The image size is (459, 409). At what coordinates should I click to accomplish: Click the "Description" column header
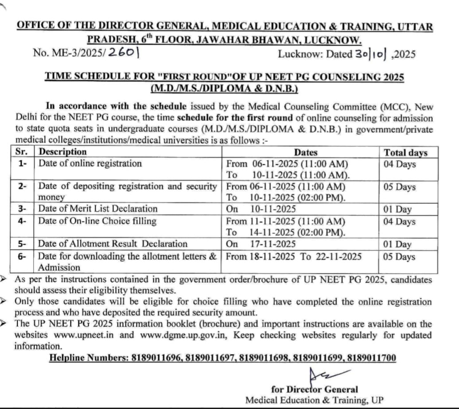click(x=62, y=152)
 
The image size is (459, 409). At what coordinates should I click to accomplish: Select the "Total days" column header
click(x=405, y=152)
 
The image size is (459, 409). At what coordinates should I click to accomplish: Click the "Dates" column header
click(x=306, y=152)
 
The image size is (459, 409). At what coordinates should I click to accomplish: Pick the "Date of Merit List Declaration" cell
click(x=97, y=208)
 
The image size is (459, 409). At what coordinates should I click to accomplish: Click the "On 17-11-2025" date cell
click(x=261, y=244)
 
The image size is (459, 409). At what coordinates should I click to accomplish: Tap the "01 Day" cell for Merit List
click(x=398, y=209)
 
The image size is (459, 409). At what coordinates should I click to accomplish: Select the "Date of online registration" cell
click(x=90, y=164)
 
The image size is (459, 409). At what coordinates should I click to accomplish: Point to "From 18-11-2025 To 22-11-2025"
click(x=294, y=256)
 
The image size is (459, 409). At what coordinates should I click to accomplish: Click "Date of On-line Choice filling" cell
click(x=97, y=221)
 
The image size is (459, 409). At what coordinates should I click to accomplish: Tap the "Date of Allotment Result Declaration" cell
click(x=113, y=244)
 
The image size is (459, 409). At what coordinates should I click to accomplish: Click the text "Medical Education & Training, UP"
click(x=315, y=400)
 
